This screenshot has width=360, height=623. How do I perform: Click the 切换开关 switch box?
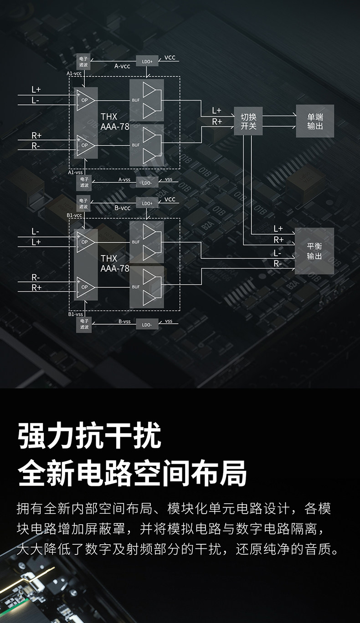(x=248, y=121)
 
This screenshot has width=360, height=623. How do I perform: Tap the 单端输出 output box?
(x=315, y=121)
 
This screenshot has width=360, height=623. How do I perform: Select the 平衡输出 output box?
(x=314, y=251)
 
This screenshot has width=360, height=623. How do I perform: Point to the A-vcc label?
(x=122, y=66)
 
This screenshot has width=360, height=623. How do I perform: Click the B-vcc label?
(x=122, y=208)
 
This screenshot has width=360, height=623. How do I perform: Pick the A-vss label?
(x=124, y=180)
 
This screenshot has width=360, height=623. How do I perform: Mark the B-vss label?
(x=124, y=322)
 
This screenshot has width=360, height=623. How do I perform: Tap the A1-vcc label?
(x=74, y=73)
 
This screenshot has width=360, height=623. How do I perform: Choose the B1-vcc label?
(x=74, y=215)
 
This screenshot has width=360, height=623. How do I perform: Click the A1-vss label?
(x=75, y=173)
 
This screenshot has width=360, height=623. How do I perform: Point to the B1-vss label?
(x=75, y=314)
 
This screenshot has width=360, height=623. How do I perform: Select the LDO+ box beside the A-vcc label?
(x=147, y=61)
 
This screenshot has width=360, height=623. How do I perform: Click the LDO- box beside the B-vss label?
(x=147, y=324)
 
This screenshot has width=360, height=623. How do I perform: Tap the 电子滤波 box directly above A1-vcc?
(x=84, y=61)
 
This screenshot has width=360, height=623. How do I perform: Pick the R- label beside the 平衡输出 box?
(x=278, y=263)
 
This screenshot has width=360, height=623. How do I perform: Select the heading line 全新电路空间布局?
(x=132, y=473)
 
